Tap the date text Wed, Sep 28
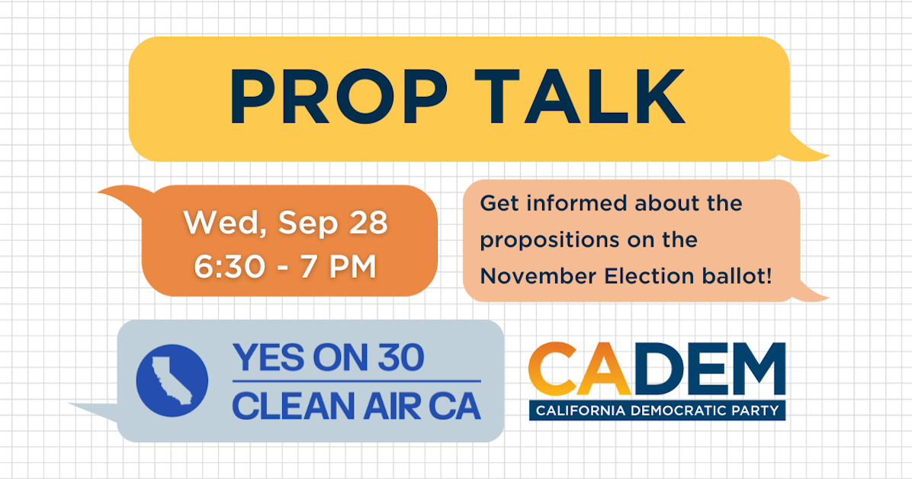(286, 223)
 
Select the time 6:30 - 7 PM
(286, 267)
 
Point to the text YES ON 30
(328, 357)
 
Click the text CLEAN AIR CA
(356, 405)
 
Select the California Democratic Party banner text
(657, 411)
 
